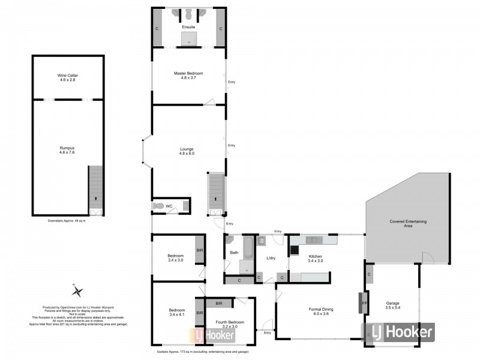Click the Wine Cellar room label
tap(68, 77)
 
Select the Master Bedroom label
tap(188, 75)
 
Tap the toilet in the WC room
tap(158, 206)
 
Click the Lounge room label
tap(187, 151)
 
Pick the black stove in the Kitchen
tap(295, 250)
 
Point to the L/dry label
tap(271, 258)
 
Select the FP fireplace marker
tap(364, 303)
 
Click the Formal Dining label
tap(321, 311)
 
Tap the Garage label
tap(393, 305)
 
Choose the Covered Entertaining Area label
tap(408, 224)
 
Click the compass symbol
tap(77, 291)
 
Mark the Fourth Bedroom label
tap(231, 325)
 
